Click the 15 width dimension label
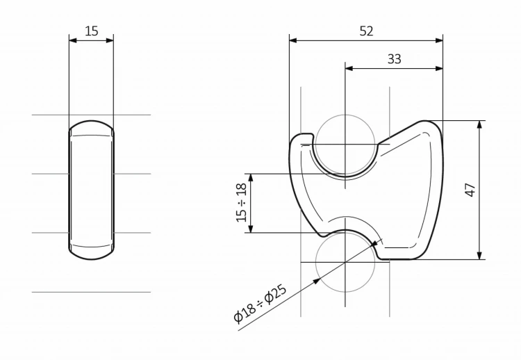click(92, 31)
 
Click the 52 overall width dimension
click(367, 31)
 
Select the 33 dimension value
click(395, 59)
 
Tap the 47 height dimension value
click(471, 190)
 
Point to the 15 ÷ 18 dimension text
click(242, 202)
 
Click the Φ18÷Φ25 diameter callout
click(260, 304)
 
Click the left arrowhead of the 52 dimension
click(293, 40)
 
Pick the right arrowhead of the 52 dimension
click(439, 40)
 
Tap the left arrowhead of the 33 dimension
click(349, 69)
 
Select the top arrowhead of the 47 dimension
click(479, 124)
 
